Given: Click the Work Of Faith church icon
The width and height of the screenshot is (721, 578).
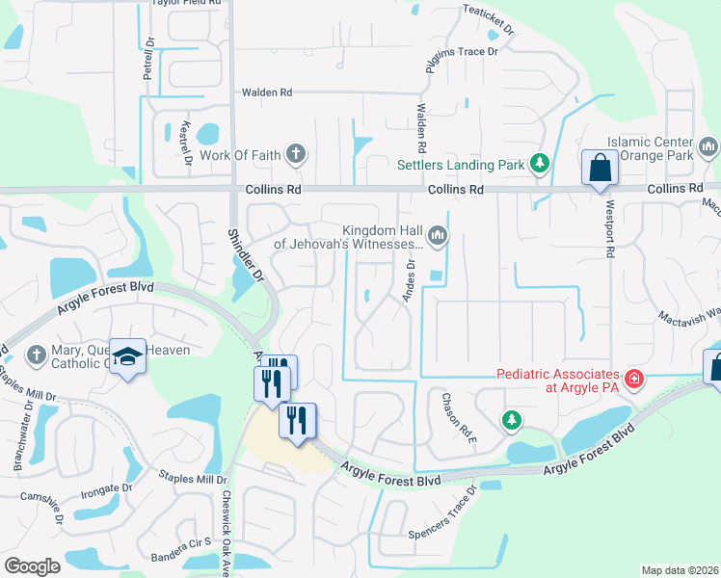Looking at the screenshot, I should coord(296,153).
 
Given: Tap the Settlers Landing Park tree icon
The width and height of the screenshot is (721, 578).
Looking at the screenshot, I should coord(541,164).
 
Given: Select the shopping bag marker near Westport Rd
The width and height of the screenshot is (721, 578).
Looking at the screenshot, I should coord(600,168).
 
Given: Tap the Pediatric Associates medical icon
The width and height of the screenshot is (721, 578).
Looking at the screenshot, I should coord(633,380).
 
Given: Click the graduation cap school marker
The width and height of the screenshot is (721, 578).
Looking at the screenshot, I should coord(127,357).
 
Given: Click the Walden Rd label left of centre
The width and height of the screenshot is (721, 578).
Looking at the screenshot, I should coord(266,92).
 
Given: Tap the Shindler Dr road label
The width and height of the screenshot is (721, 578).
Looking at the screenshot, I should coord(246,253).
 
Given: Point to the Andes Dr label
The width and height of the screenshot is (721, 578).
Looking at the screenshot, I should coord(410,279).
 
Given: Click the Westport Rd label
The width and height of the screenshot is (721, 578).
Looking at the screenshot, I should coord(609,228).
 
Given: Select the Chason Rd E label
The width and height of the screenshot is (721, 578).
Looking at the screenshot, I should coord(457,411).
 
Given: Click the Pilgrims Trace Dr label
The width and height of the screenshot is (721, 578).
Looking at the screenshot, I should coord(461,51).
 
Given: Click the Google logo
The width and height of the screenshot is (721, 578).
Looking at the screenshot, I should coord(32,565).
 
